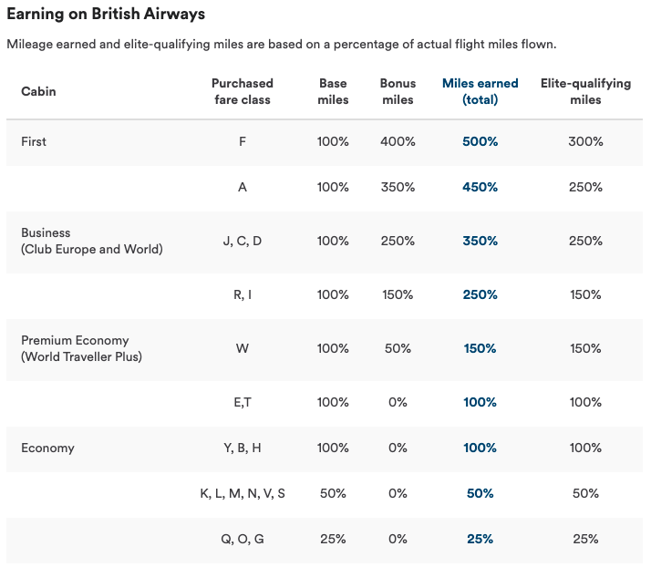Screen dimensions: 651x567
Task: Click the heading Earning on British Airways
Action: [x=106, y=14]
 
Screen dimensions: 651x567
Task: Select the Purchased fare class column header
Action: [x=243, y=91]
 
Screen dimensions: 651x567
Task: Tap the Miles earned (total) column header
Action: [x=480, y=91]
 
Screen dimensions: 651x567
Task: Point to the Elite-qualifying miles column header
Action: [x=585, y=91]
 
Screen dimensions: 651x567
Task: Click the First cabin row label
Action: [x=34, y=141]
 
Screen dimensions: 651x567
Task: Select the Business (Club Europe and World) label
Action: [x=92, y=241]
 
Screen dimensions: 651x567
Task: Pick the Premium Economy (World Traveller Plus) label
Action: [x=81, y=348]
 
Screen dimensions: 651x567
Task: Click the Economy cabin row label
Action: [x=47, y=448]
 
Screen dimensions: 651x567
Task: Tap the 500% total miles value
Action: [x=480, y=141]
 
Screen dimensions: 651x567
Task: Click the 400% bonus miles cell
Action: [x=398, y=141]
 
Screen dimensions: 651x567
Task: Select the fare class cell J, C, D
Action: [x=243, y=241]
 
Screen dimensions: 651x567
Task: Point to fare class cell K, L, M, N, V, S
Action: [x=243, y=493]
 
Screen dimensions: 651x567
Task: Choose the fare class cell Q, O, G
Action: [x=243, y=539]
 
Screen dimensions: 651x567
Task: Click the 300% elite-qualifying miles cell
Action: [x=585, y=141]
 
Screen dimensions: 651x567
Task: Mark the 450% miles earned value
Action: [x=480, y=187]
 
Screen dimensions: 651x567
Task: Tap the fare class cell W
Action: [x=243, y=348]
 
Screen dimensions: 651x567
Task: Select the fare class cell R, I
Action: [x=243, y=294]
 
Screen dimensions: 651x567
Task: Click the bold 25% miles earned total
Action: [x=480, y=539]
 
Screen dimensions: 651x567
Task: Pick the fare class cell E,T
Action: [x=243, y=402]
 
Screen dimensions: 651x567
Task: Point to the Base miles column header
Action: [x=333, y=91]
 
